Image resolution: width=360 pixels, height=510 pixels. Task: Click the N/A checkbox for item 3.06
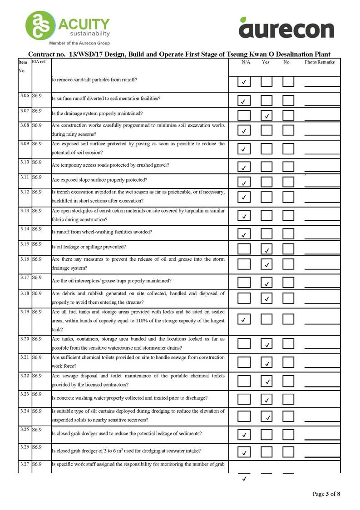244,100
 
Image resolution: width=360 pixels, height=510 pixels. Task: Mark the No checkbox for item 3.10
288,167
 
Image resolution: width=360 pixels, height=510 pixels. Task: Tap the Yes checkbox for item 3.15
266,249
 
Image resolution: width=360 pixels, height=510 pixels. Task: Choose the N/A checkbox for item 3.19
244,319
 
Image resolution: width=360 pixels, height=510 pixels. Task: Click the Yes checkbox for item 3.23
266,399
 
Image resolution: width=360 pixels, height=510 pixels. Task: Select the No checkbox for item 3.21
288,362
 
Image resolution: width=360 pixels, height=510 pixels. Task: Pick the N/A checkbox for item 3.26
244,452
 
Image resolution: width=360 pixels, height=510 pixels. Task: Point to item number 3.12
25,192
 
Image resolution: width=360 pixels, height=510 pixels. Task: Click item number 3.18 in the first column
25,293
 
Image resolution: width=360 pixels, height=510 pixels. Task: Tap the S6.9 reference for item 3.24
37,411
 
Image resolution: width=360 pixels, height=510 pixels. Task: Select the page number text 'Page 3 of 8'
326,494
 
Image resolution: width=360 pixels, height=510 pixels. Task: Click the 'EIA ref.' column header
39,61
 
